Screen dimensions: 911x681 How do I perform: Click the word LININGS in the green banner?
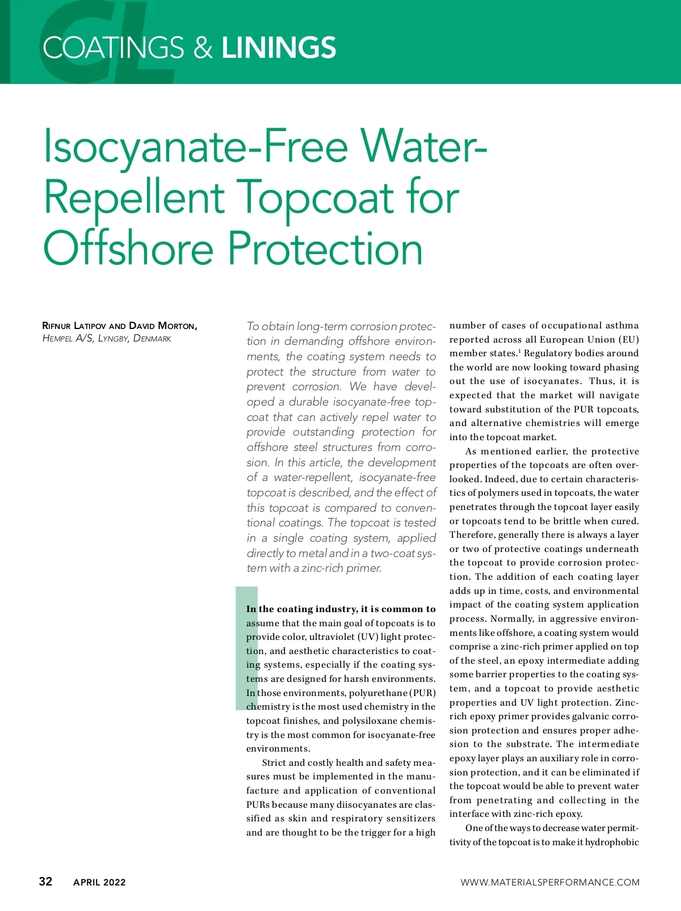click(279, 48)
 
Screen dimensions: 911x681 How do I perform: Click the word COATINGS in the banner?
click(113, 48)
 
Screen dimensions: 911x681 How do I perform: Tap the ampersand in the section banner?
click(203, 48)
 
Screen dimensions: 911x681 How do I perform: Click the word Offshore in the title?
click(128, 248)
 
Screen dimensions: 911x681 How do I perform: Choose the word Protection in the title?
click(325, 248)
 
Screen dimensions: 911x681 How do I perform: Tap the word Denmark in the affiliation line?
click(152, 339)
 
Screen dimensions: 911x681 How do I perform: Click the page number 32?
click(45, 881)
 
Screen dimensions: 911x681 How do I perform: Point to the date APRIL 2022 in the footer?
click(99, 882)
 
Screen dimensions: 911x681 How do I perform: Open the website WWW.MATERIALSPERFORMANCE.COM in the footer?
click(549, 882)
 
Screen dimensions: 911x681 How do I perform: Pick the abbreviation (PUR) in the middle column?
click(422, 693)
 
